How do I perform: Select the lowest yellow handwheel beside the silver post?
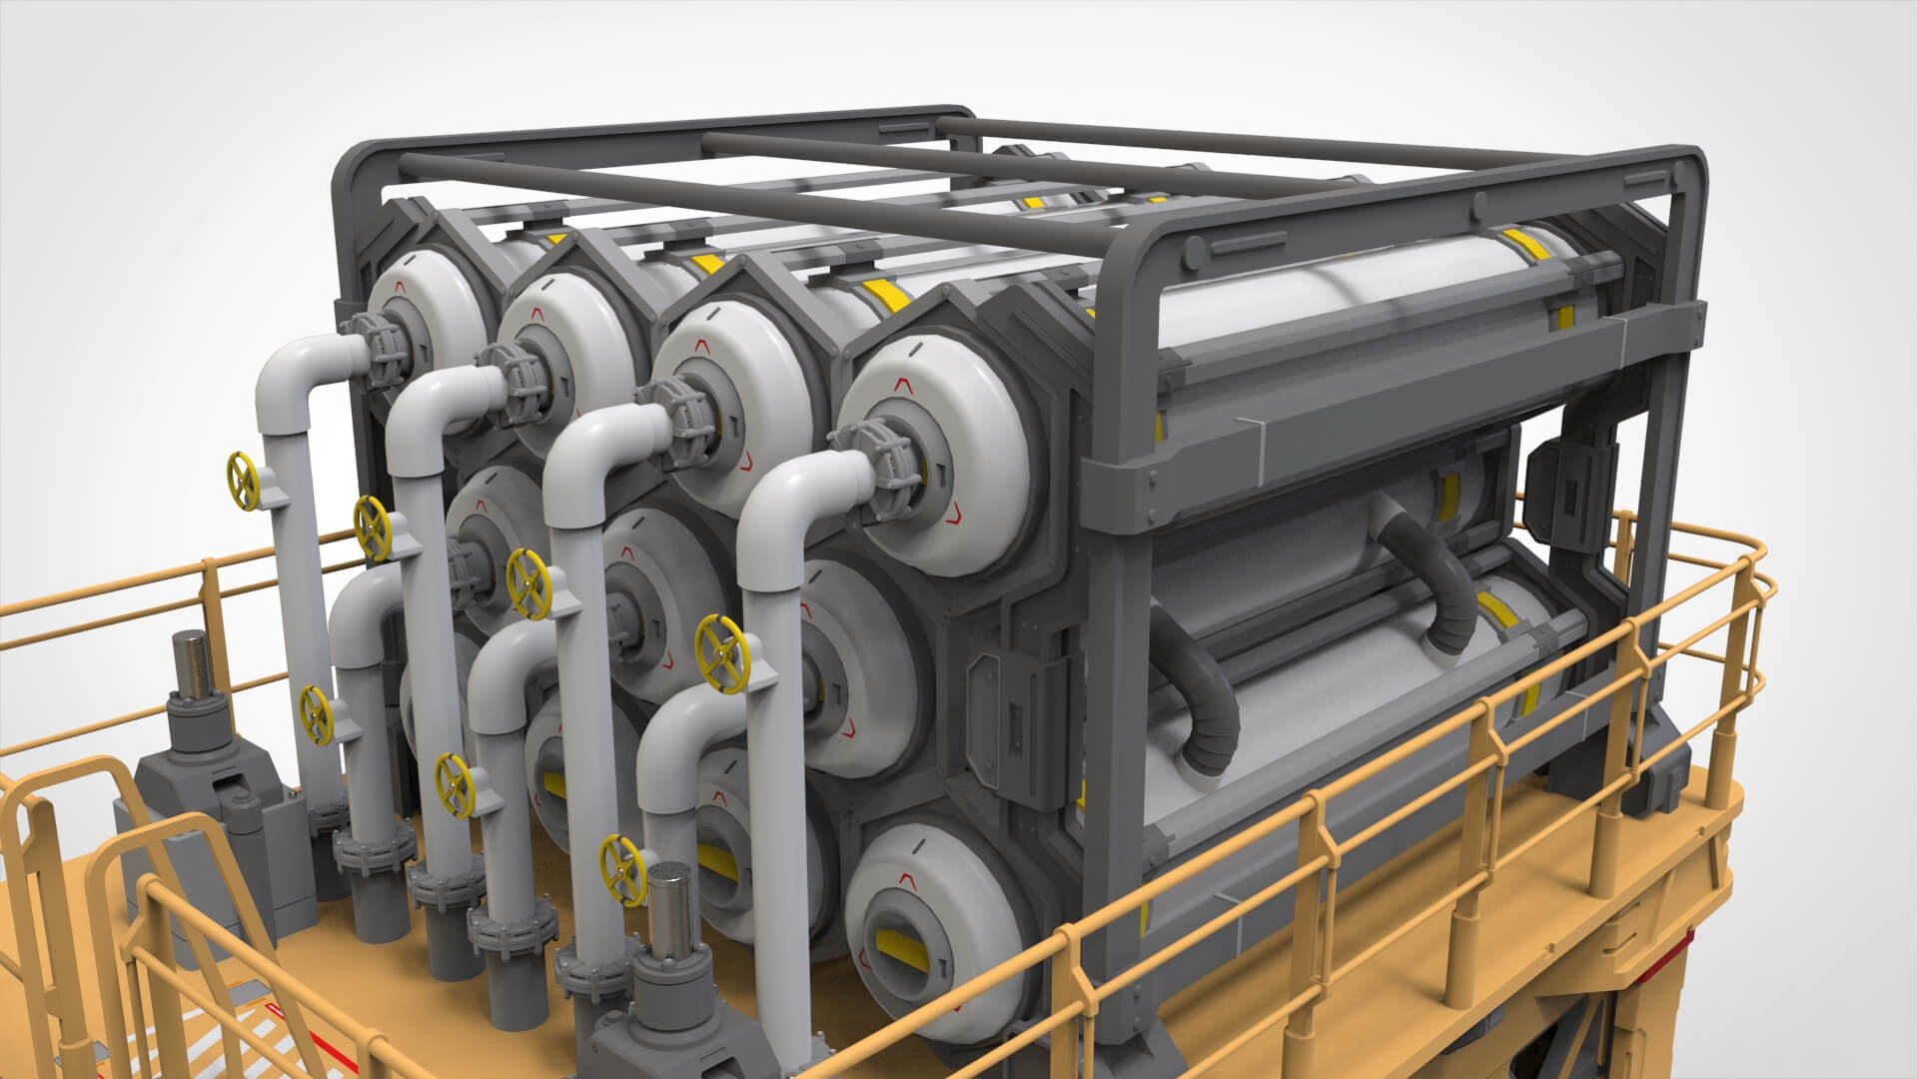pyautogui.click(x=619, y=863)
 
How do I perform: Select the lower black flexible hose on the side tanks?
pyautogui.click(x=1199, y=699)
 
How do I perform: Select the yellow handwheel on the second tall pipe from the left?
pyautogui.click(x=373, y=529)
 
